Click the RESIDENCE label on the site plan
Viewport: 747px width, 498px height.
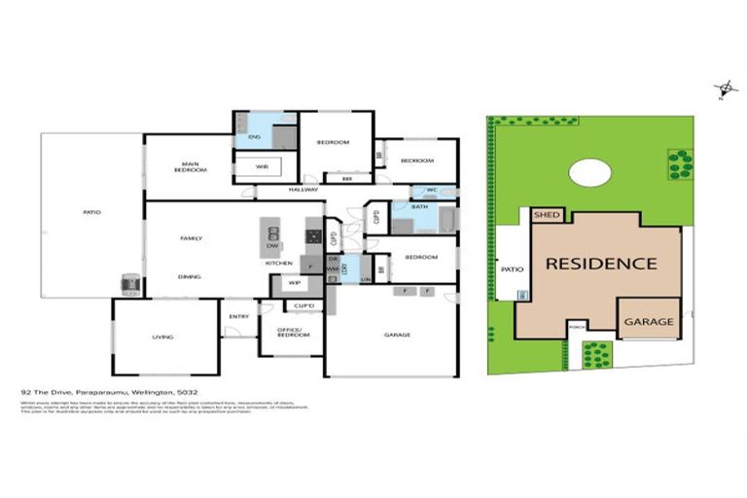600,263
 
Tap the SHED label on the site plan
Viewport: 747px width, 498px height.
548,215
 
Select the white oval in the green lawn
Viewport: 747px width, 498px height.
590,173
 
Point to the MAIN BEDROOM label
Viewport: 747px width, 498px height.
191,167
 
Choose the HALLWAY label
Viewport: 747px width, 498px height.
303,190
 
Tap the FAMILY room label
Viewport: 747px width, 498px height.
190,238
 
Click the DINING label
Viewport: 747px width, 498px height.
190,276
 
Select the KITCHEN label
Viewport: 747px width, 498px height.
280,263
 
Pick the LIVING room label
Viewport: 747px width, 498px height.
162,337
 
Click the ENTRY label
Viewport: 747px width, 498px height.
238,316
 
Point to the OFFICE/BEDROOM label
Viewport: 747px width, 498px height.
288,333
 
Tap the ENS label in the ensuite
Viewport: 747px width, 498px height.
254,137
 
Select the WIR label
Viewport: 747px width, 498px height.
262,167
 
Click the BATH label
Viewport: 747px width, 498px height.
419,206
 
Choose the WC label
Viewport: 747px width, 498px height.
432,190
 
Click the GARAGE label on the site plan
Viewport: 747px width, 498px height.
648,321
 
